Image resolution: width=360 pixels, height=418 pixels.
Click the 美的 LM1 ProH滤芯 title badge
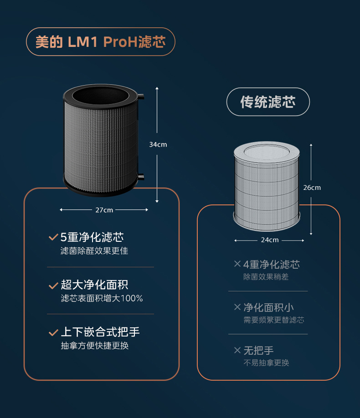(100, 42)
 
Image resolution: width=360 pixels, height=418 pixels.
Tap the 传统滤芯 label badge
(268, 102)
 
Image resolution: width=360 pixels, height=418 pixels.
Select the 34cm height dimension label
(158, 144)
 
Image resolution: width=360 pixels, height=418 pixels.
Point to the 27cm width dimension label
(104, 210)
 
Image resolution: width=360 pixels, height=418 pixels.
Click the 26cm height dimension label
(312, 188)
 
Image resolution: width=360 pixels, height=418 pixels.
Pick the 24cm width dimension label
(270, 240)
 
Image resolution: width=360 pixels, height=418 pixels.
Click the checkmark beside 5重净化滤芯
(53, 237)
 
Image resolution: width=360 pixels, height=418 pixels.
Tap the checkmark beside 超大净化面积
(53, 285)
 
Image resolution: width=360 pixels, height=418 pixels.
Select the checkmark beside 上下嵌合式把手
(53, 332)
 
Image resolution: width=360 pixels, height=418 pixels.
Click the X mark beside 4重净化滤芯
(237, 264)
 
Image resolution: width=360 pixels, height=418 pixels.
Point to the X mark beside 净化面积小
(237, 307)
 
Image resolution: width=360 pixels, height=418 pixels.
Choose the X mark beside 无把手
(237, 350)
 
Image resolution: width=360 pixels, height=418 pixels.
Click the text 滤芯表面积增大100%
(102, 299)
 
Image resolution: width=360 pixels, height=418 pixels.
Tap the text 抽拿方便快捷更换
(94, 346)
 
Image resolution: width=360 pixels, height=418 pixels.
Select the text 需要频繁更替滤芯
(273, 320)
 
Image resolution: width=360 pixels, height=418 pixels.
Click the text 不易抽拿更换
(266, 363)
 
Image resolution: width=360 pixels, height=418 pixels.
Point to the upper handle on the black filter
(141, 97)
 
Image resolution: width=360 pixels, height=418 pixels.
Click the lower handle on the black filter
(141, 176)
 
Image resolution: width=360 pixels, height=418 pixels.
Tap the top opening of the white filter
(267, 150)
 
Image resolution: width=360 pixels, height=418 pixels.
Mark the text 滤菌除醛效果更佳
(94, 251)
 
